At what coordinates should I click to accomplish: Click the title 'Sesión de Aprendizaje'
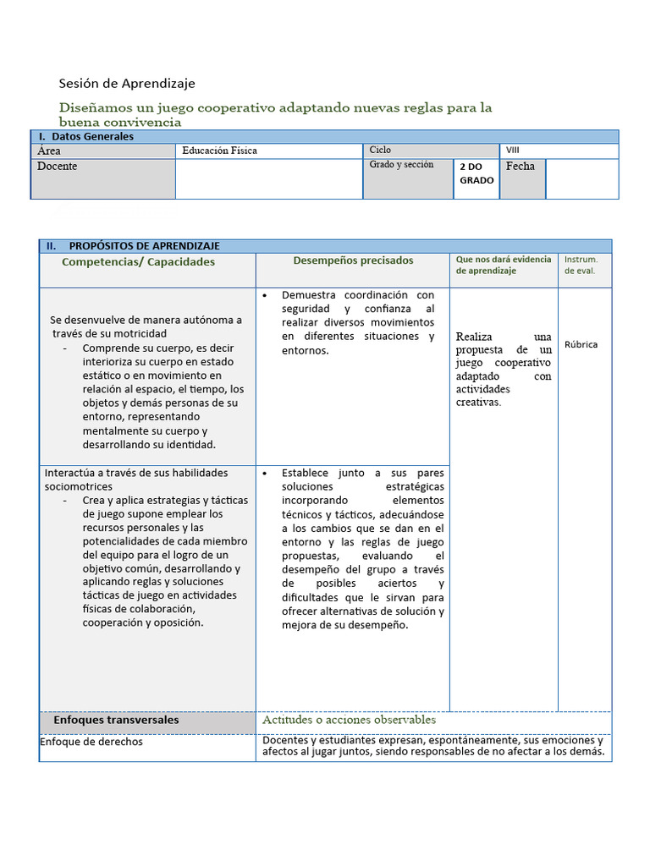coord(127,83)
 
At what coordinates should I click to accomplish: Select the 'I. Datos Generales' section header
coord(85,136)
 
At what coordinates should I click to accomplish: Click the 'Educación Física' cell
coord(219,151)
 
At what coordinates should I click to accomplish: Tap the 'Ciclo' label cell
coord(380,150)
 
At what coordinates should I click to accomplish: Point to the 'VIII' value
coord(513,151)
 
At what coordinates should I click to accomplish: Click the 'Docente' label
coord(58,167)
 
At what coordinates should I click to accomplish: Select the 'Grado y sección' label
coord(401,165)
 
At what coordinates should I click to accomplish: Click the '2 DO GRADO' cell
coord(476,173)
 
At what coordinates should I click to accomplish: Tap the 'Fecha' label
coord(521,167)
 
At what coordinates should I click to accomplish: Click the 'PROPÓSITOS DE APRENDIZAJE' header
coord(144,246)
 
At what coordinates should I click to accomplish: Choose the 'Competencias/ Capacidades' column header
coord(139,262)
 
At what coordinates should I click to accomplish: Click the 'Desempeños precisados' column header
coord(353,261)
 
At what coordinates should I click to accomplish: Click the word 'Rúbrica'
coord(581,345)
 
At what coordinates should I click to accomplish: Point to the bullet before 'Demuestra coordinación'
coord(266,296)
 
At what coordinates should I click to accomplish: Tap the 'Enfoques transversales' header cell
coord(116,721)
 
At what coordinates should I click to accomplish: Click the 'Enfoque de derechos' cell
coord(92,742)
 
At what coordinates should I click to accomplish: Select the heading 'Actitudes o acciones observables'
coord(349,720)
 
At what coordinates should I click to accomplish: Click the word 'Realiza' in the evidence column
coord(474,337)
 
